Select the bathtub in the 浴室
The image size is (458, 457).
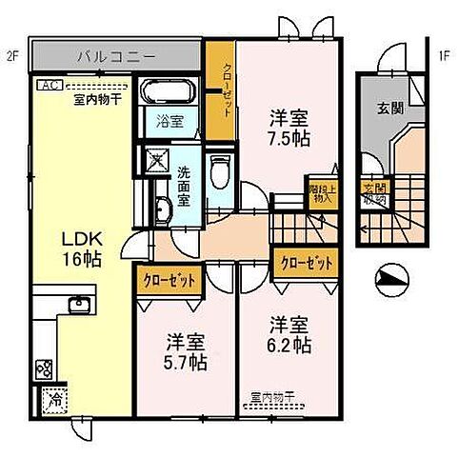point(168,94)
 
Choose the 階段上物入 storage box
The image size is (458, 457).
point(320,194)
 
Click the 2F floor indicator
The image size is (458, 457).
point(12,55)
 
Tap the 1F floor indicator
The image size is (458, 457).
point(444,55)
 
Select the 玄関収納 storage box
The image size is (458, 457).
point(369,195)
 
